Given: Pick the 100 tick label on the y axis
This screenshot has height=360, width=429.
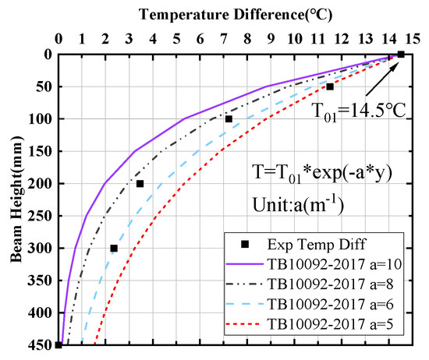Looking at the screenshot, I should [x=35, y=118].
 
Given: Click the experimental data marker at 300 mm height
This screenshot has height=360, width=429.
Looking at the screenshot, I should [x=114, y=248].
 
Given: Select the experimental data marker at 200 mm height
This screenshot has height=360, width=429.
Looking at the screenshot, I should [x=140, y=184].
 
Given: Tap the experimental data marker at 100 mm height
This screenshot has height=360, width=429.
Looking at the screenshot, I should [x=229, y=119].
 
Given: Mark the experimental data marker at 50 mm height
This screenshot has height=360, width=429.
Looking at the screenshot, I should [x=330, y=86].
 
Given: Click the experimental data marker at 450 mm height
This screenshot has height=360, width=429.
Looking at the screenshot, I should [x=58, y=345].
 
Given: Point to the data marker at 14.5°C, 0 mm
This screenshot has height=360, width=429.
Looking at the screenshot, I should [x=401, y=54].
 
